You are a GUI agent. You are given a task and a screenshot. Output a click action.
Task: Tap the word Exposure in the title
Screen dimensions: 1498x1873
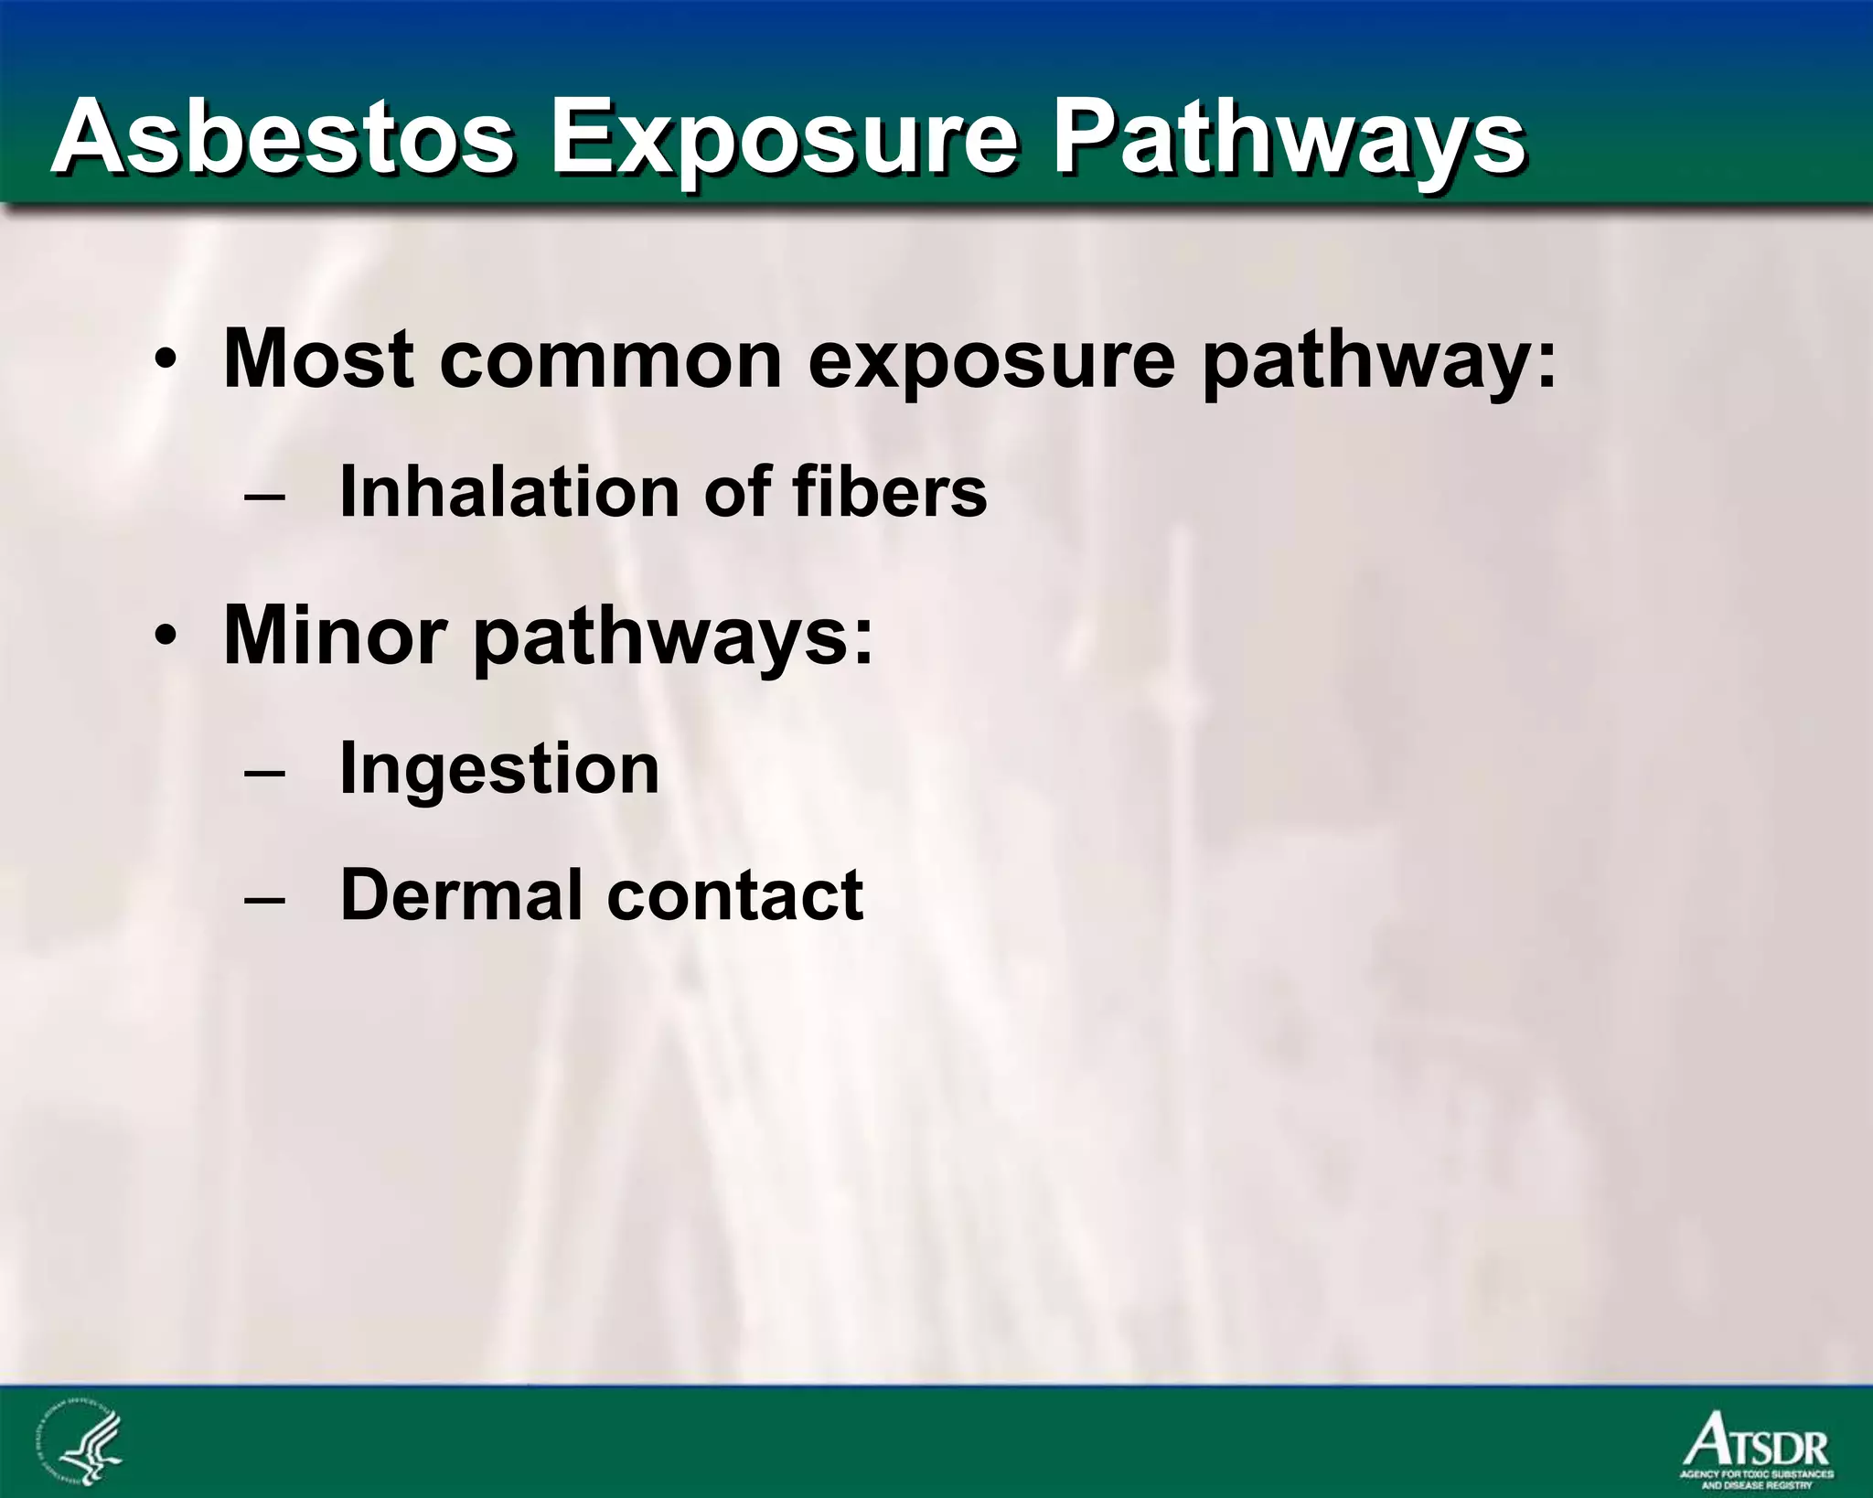[x=783, y=139]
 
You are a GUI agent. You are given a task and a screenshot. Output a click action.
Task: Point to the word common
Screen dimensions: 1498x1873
[x=610, y=360]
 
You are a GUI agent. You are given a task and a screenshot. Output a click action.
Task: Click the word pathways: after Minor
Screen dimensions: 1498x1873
[x=672, y=637]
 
